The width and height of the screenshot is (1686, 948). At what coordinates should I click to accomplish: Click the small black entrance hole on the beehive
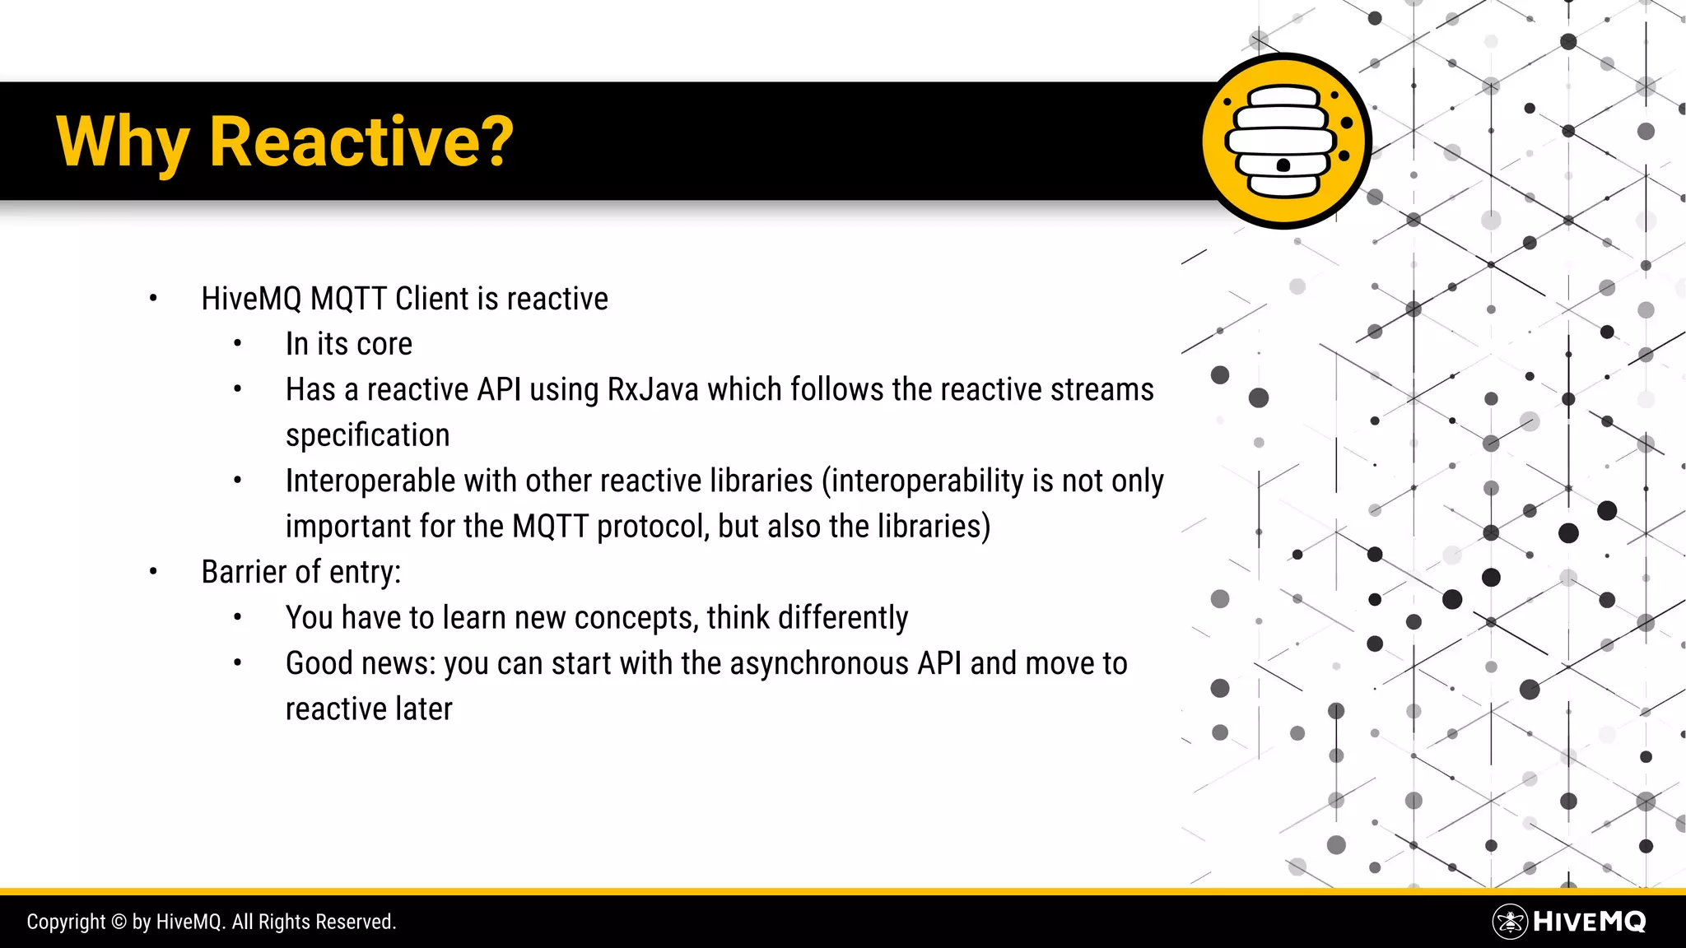tap(1283, 165)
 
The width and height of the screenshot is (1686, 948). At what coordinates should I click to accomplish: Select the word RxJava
tap(652, 389)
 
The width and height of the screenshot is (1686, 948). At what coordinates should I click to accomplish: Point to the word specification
tap(367, 435)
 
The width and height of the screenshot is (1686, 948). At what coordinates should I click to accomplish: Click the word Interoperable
tap(370, 481)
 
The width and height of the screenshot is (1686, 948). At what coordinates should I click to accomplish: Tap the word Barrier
tap(244, 572)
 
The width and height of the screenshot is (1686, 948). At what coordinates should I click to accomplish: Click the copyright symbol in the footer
tap(119, 922)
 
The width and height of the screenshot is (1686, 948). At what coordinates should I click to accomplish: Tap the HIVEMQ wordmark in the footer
tap(1590, 922)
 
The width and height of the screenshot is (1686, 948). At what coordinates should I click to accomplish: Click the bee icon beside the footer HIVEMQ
tap(1510, 922)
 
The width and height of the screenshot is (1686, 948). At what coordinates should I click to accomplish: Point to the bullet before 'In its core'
tap(237, 344)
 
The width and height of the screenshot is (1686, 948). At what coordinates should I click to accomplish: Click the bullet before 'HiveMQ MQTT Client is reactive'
tap(153, 299)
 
